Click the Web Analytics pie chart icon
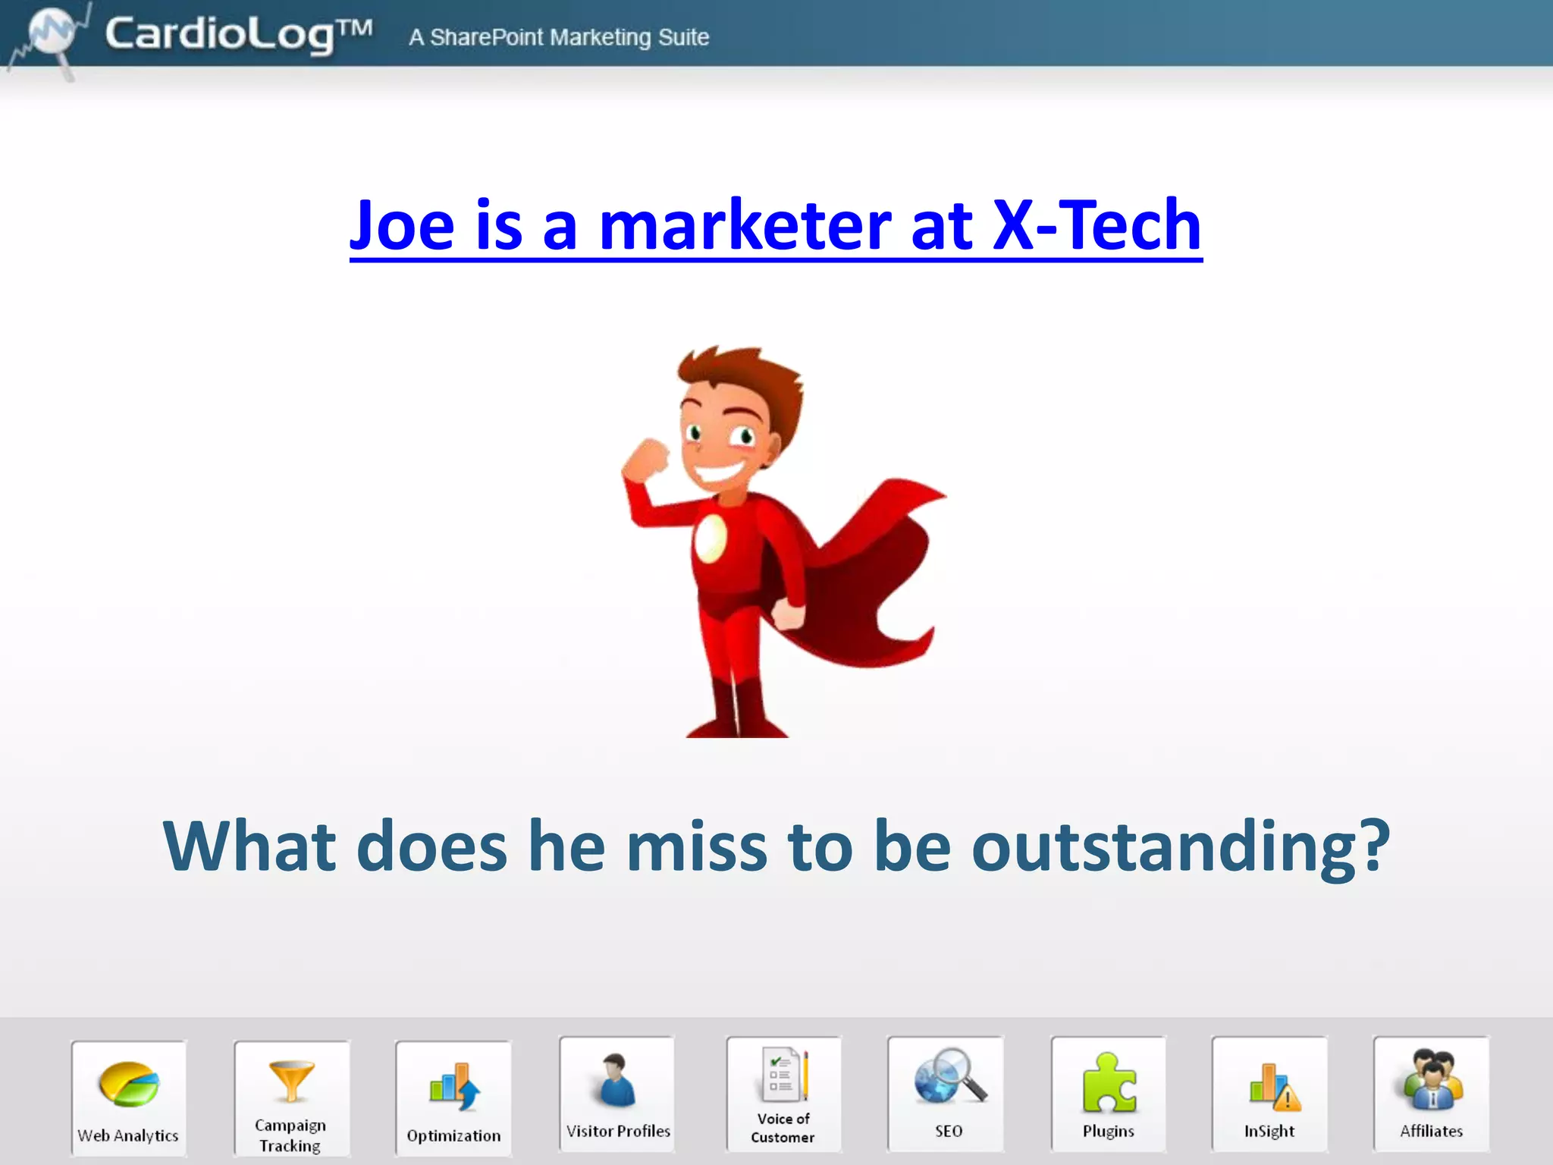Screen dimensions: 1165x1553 tap(129, 1084)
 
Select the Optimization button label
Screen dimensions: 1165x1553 tap(453, 1135)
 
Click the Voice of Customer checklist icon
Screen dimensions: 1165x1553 tap(784, 1076)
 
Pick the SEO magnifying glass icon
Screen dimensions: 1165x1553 tap(949, 1076)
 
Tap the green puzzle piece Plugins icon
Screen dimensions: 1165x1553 tap(1109, 1082)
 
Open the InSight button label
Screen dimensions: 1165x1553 tap(1269, 1131)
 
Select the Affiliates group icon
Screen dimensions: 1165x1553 tap(1432, 1080)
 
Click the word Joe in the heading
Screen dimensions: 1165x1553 tap(402, 225)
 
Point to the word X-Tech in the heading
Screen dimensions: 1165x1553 tap(1097, 225)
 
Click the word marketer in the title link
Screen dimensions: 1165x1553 tap(745, 225)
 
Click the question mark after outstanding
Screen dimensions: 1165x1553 tap(1371, 846)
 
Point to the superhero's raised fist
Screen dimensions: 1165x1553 tap(647, 458)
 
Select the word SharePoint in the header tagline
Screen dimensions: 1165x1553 tap(486, 37)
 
